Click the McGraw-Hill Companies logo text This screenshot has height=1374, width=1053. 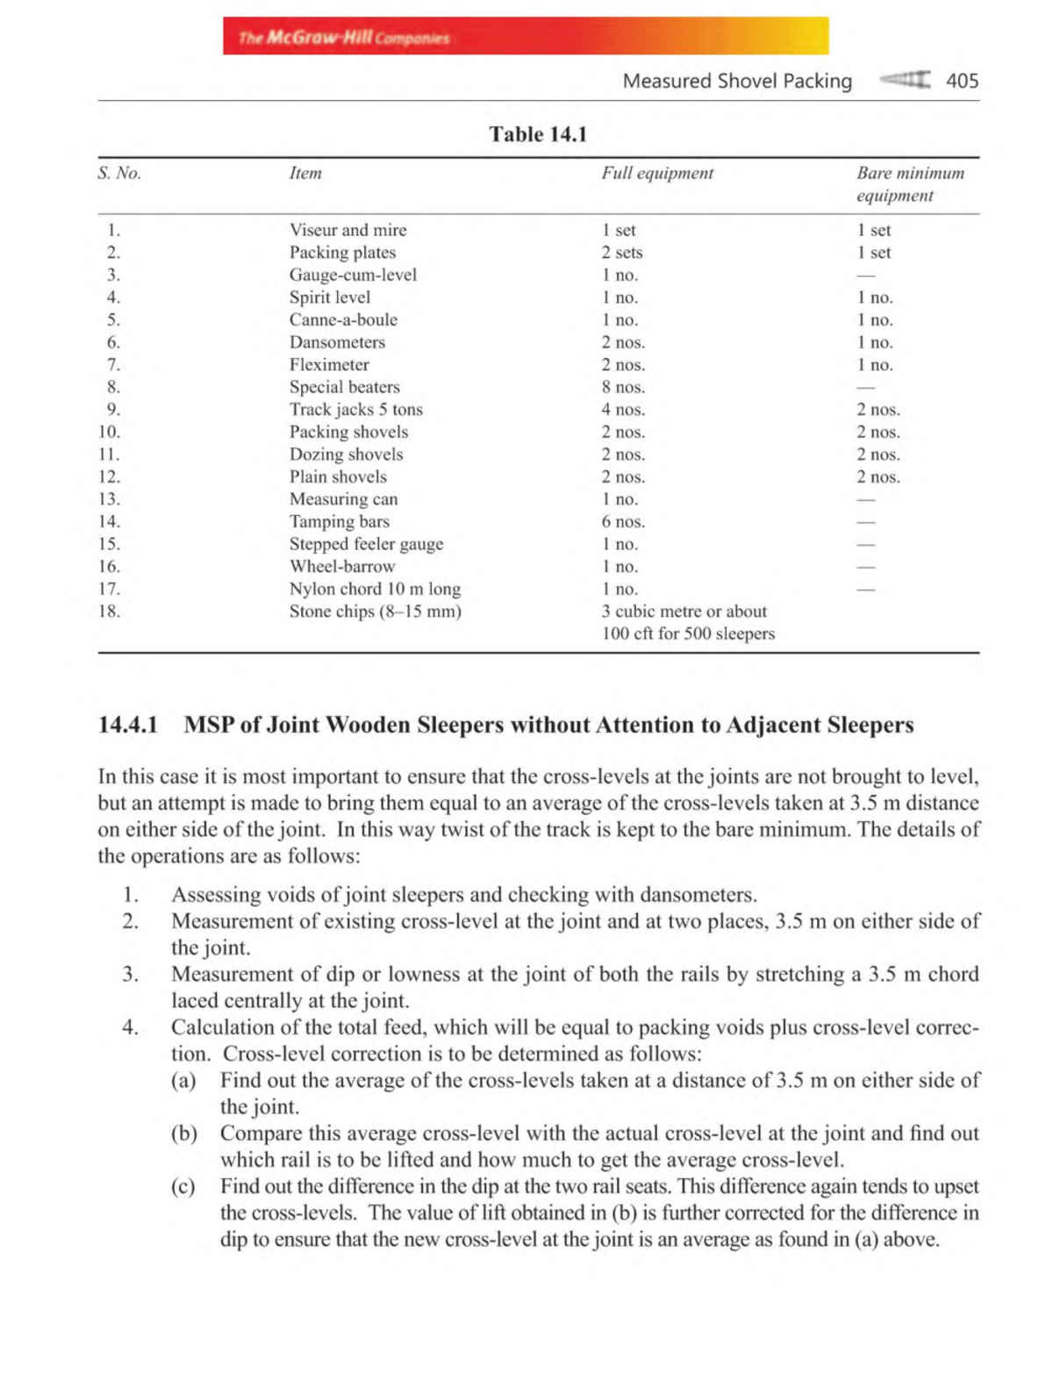click(344, 38)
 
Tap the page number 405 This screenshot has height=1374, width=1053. click(962, 81)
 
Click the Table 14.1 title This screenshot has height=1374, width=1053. click(538, 134)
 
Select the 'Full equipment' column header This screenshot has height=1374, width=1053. click(657, 173)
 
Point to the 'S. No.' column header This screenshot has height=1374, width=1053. click(119, 173)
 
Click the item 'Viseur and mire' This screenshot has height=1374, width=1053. click(348, 230)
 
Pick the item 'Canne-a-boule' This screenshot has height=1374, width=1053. click(343, 319)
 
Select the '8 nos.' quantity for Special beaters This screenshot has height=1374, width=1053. click(623, 387)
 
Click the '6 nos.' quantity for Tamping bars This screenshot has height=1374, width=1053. click(623, 521)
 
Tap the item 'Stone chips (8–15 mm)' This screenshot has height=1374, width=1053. click(375, 611)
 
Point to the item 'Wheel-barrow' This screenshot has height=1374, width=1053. click(342, 566)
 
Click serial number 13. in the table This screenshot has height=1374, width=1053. click(109, 498)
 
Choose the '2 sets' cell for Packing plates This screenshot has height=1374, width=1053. click(622, 253)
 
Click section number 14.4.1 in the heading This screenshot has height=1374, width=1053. click(128, 725)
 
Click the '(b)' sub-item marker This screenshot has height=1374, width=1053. click(183, 1133)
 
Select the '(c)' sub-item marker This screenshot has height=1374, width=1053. click(183, 1186)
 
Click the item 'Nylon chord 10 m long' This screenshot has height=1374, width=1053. click(375, 589)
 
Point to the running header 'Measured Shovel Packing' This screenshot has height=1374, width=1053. click(737, 81)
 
